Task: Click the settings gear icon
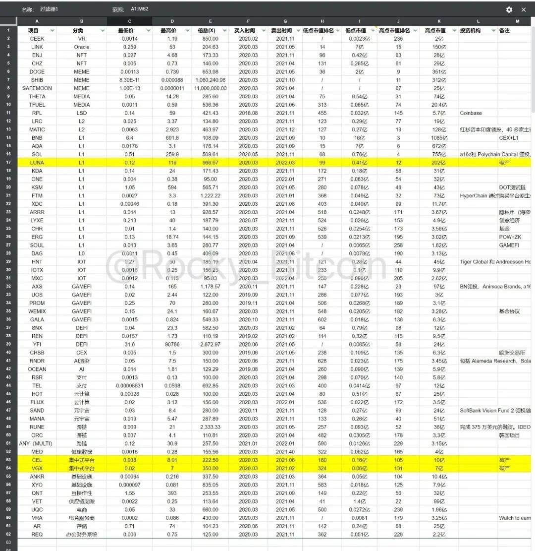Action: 509,9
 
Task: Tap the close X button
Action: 524,9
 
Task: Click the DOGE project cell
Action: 37,71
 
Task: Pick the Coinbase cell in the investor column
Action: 471,113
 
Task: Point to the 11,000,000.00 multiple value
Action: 211,88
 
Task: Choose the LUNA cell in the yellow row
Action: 37,162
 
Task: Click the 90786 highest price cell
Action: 172,344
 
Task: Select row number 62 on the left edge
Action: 8,534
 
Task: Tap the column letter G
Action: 285,21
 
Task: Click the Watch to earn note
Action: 515,518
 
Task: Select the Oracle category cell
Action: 82,47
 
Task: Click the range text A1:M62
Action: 139,9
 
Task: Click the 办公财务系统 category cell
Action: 82,534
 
